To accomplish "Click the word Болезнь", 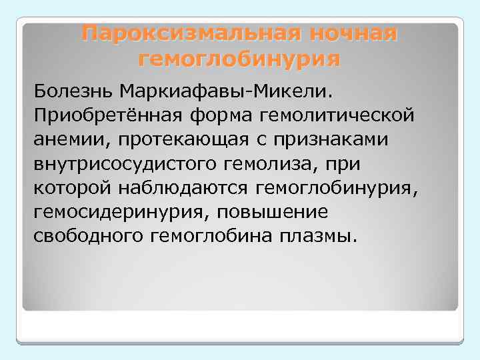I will point(73,89).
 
